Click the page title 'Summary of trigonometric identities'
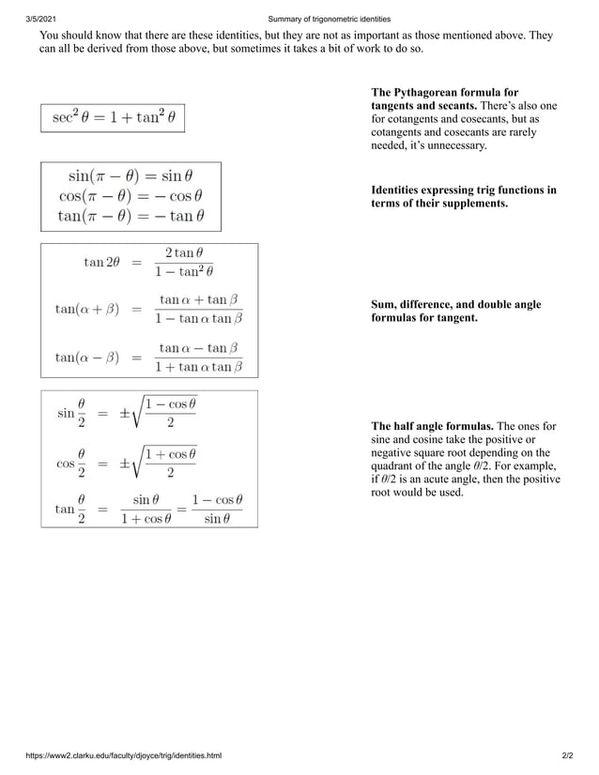329,19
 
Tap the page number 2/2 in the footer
566,755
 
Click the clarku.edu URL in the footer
123,755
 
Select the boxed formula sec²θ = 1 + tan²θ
114,118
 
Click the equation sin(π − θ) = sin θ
131,175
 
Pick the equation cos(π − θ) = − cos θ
131,196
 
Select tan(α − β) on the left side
86,357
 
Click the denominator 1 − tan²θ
184,272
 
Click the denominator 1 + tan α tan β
198,367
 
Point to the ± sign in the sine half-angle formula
126,413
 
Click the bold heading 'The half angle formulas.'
433,426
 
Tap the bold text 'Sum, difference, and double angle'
456,305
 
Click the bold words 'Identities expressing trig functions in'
464,190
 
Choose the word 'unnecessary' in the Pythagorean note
456,145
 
